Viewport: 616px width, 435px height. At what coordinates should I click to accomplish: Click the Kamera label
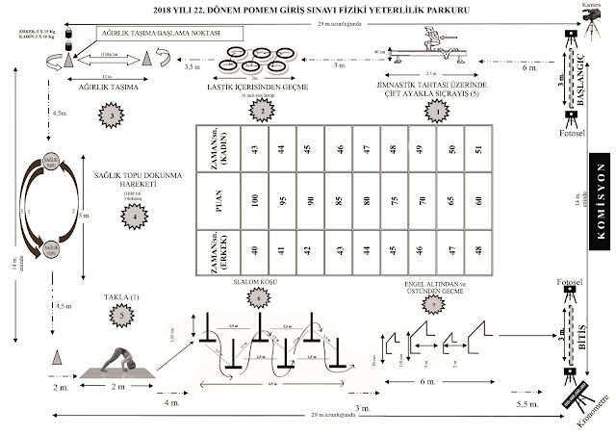[x=583, y=6]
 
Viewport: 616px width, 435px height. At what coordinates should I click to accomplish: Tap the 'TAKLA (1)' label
[x=121, y=299]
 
